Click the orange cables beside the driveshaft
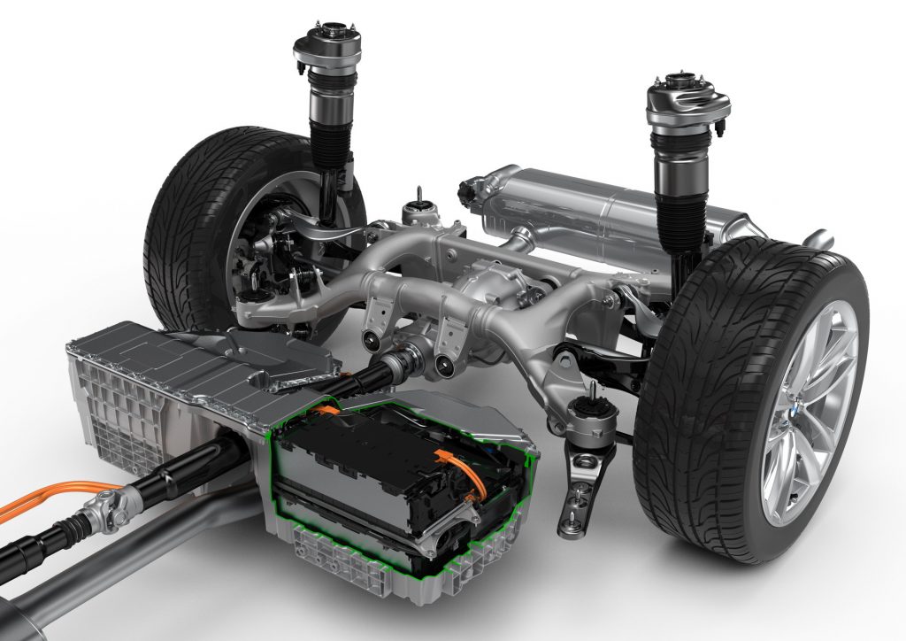tap(44, 496)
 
